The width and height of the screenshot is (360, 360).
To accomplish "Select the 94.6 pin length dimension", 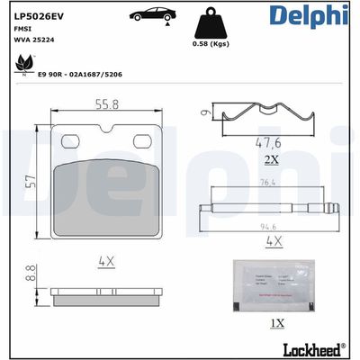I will [x=267, y=226].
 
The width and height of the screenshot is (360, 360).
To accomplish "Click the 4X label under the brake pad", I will [x=108, y=262].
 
